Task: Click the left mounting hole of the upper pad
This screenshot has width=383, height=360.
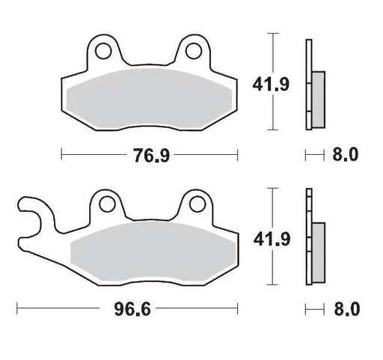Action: click(105, 51)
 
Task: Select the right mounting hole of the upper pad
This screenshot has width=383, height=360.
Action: click(194, 51)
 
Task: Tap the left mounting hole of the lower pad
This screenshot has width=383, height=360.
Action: click(105, 204)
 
